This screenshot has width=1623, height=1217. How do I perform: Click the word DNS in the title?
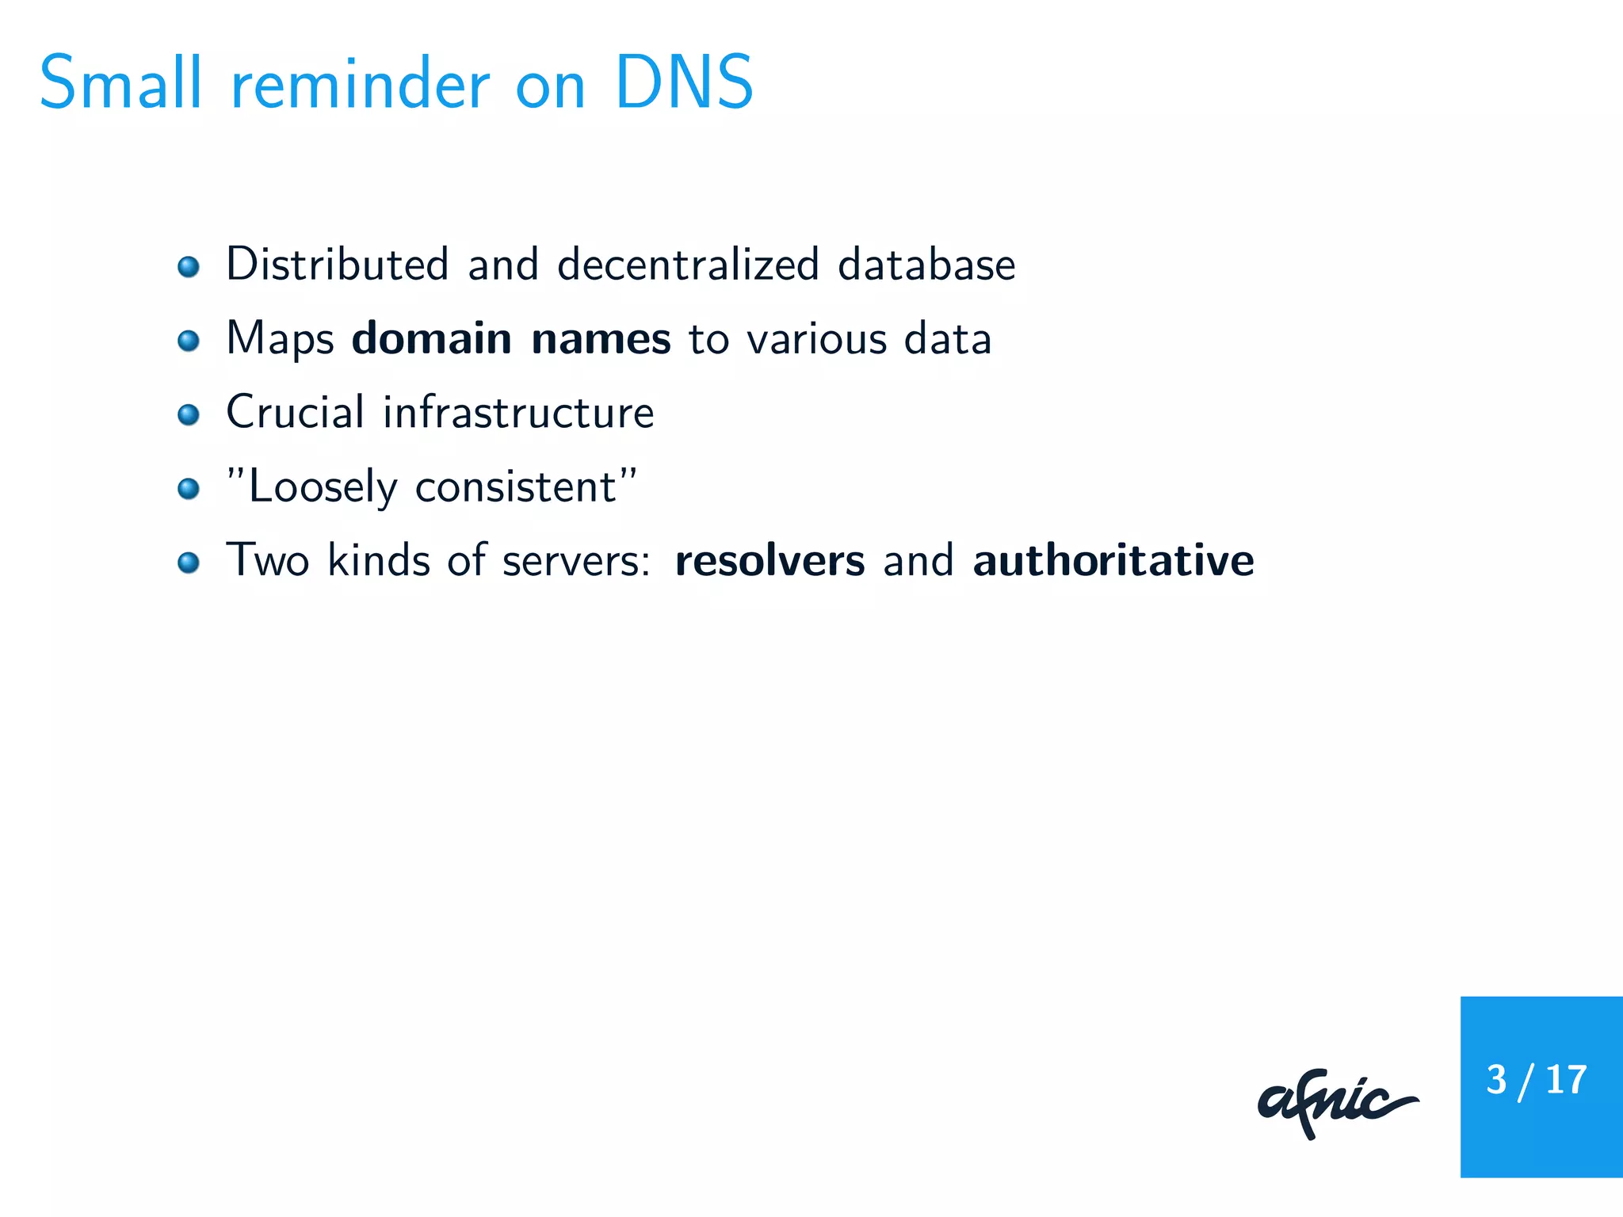coord(683,82)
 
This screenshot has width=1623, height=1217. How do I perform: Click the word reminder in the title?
coord(361,84)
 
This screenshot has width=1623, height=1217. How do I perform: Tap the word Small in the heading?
coord(120,82)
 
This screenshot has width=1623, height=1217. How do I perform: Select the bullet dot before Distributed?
coord(189,266)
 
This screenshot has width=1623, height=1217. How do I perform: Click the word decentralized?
coord(688,264)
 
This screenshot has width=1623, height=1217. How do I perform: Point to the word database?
coord(926,264)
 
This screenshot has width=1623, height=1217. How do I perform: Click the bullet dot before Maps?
coord(189,341)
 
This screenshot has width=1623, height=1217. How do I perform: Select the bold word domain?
coord(432,338)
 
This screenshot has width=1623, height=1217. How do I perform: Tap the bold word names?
coord(601,339)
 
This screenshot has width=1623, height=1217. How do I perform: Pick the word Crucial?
coord(296,412)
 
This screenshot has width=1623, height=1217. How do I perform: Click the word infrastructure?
coord(518,412)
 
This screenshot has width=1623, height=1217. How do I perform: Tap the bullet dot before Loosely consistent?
coord(189,488)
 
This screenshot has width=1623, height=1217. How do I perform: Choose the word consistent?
coord(516,486)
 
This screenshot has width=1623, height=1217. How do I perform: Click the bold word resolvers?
coord(769,561)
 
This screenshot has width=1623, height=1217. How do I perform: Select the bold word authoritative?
coord(1113,560)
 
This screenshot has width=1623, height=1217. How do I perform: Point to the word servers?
coord(575,561)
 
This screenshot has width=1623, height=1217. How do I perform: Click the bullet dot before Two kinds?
coord(189,563)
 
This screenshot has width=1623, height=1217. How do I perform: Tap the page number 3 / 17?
coord(1537,1081)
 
